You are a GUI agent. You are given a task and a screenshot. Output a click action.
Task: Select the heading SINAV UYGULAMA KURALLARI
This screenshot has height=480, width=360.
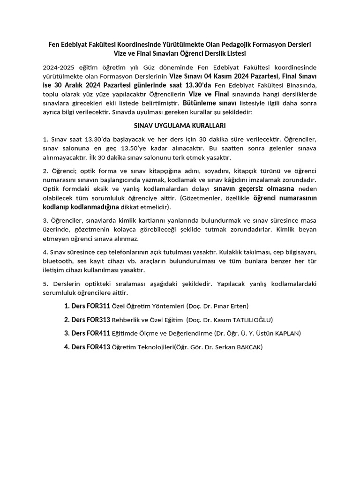180,126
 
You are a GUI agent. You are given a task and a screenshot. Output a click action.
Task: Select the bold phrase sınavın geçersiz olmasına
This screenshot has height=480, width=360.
254,189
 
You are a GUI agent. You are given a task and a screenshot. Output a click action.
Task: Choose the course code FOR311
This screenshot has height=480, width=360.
98,306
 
